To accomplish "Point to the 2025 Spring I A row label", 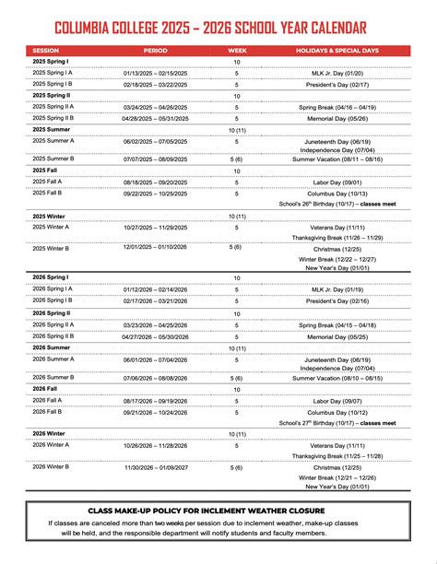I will (x=53, y=71).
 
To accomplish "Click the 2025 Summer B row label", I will (x=53, y=158).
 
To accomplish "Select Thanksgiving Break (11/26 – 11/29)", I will (x=337, y=238).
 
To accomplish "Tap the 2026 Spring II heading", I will (x=52, y=313).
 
